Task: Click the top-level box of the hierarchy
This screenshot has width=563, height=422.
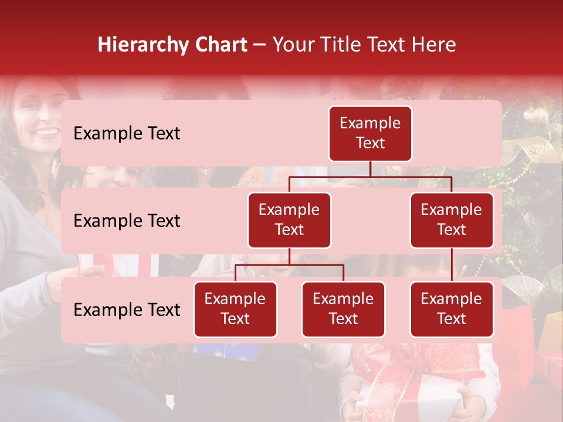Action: [x=370, y=134]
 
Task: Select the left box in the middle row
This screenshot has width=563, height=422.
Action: [x=289, y=220]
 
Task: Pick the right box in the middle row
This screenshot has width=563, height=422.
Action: [x=452, y=220]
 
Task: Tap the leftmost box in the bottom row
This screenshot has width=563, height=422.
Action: [x=235, y=309]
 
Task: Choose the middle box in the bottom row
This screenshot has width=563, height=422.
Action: [x=343, y=309]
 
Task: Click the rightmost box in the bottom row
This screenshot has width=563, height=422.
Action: [x=452, y=309]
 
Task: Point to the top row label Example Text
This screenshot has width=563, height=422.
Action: [x=127, y=134]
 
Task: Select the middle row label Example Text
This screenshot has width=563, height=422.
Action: [x=127, y=221]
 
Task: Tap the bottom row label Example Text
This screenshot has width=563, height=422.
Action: [x=127, y=310]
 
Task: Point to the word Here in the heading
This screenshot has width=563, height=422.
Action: [x=435, y=45]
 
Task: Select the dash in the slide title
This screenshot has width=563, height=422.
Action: [x=260, y=46]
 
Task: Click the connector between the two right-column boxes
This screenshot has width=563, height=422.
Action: [x=452, y=265]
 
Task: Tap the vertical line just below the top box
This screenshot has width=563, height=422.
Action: [x=370, y=169]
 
